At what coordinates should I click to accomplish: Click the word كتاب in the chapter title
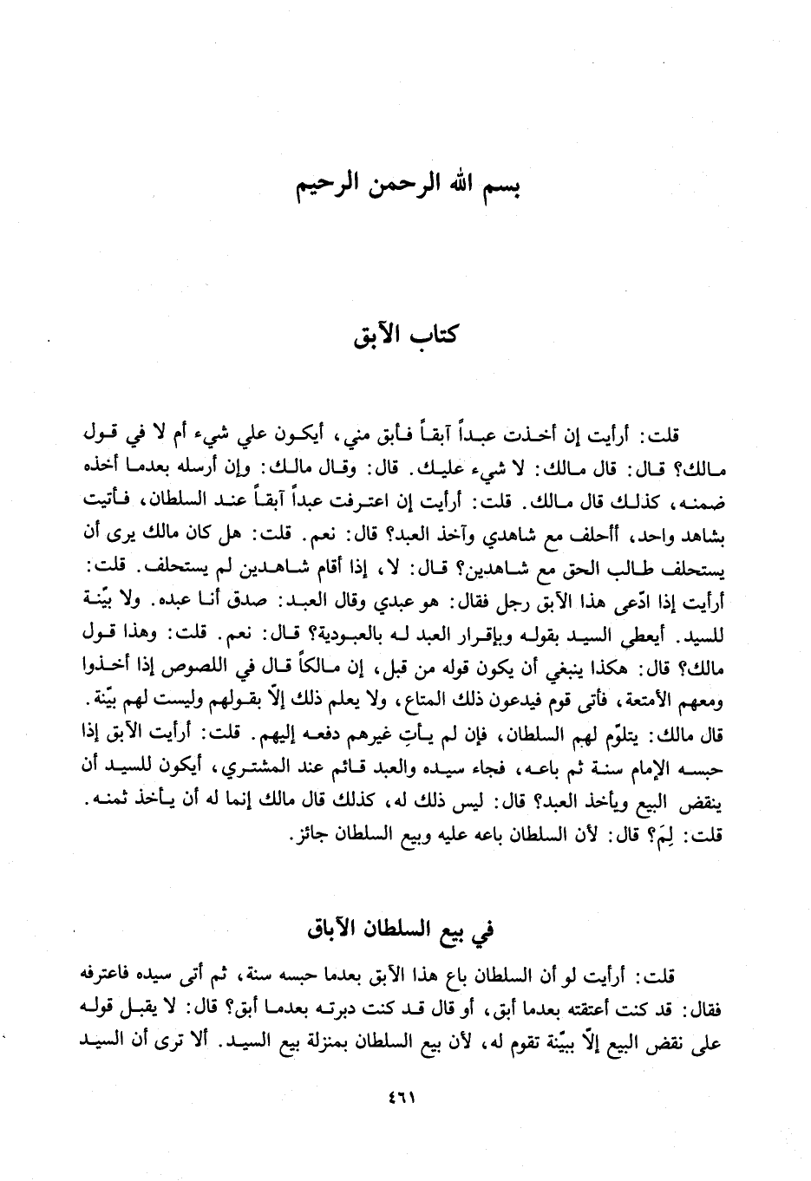[435, 336]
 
